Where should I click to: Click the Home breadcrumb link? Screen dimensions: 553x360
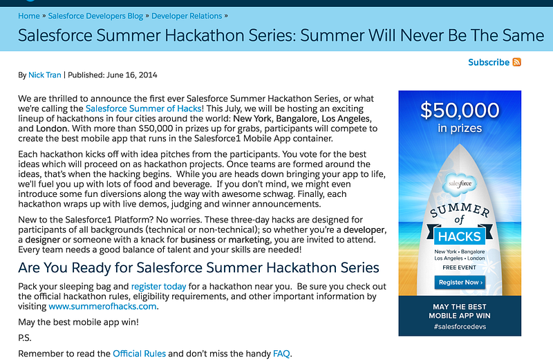coord(29,16)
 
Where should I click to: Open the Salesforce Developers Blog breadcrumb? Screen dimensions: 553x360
coord(95,16)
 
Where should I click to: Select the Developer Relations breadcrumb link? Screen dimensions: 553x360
coord(187,16)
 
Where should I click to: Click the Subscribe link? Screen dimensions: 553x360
coord(489,62)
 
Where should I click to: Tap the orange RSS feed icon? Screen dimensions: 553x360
coord(516,62)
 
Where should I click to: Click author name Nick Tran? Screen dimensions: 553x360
coord(45,75)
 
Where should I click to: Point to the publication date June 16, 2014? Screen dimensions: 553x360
coord(132,75)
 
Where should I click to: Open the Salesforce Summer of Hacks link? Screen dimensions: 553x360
coord(144,108)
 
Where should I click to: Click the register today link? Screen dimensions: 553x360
coord(159,286)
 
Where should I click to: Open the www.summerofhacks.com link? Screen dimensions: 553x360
coord(102,306)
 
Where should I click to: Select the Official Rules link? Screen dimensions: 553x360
coord(140,353)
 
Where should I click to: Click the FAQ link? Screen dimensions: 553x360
coord(281,353)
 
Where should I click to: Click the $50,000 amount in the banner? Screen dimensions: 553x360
coord(460,110)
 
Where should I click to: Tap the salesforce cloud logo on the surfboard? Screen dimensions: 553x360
coord(460,184)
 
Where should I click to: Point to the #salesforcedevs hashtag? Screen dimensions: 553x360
coord(460,327)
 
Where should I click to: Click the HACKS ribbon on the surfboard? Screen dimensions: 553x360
coord(460,236)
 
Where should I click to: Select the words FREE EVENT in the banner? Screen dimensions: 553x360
coord(460,267)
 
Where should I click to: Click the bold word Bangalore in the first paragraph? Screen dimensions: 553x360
coord(297,118)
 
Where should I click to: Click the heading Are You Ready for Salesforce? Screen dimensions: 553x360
coord(198,267)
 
